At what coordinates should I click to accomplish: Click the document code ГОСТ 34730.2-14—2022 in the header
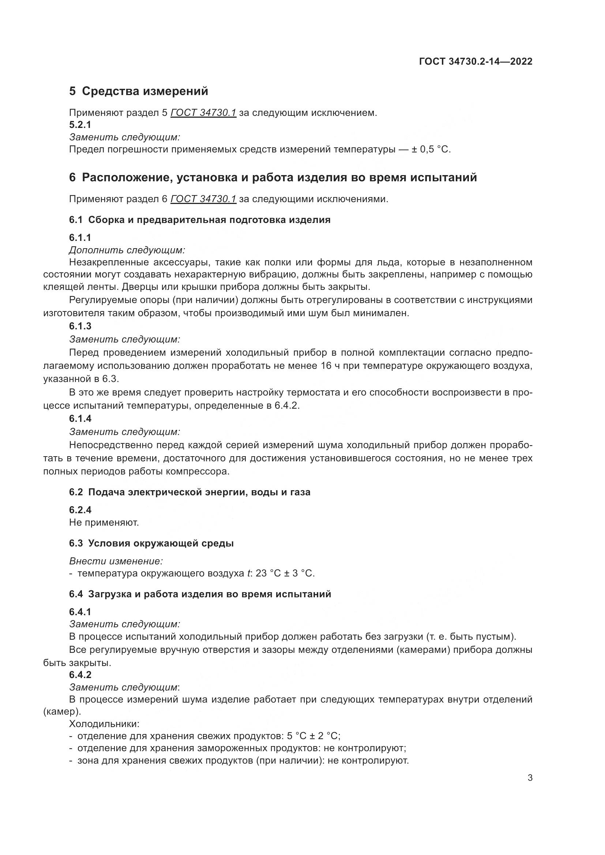point(476,61)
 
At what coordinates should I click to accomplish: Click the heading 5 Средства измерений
point(139,91)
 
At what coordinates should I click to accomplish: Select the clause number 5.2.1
point(80,125)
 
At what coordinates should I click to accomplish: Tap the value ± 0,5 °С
point(431,150)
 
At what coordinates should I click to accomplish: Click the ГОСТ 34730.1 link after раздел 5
point(203,113)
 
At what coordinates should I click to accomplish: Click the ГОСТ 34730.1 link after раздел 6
point(203,199)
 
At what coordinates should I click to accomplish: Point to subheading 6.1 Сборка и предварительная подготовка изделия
point(200,220)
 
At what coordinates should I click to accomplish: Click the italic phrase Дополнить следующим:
point(127,250)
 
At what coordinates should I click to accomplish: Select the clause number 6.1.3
point(80,326)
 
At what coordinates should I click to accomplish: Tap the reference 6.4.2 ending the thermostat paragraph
point(286,405)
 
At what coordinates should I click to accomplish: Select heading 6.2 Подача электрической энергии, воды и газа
point(189,492)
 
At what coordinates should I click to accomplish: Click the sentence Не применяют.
point(104,522)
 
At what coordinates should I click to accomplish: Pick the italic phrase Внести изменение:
point(116,561)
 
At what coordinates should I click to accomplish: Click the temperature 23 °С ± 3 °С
point(285,574)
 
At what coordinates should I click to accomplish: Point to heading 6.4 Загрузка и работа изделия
point(200,594)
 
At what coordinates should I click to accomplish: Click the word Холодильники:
point(104,724)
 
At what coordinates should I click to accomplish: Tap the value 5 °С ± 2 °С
point(313,736)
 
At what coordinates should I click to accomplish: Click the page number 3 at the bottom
point(530,778)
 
